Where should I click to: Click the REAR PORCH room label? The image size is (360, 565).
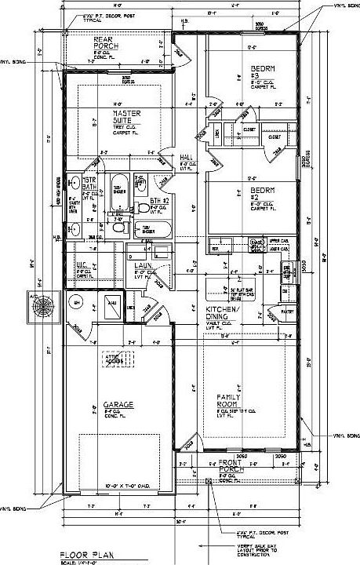coord(105,42)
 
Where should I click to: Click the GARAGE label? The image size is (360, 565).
coord(112,405)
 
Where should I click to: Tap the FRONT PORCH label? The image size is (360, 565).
coord(231,465)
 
